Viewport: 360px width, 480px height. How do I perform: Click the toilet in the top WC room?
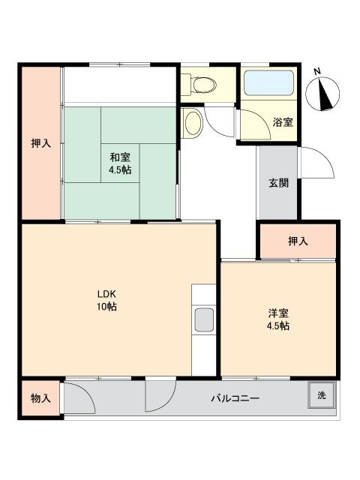point(202,84)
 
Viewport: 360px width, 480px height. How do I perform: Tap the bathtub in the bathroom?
point(269,83)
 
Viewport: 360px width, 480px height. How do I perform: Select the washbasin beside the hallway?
point(192,123)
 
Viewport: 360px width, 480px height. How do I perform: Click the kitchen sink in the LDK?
point(204,319)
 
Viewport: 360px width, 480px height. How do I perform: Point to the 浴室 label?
point(283,122)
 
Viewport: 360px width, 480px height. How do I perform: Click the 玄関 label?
point(278,183)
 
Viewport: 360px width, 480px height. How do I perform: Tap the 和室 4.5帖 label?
point(120,163)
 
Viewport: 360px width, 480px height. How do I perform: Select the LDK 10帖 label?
point(106,300)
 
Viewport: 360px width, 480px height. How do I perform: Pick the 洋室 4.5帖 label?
point(278,319)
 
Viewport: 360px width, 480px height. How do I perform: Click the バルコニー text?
point(235,398)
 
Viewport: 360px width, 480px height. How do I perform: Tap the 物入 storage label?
point(40,398)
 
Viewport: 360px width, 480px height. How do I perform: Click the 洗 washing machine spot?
point(322,395)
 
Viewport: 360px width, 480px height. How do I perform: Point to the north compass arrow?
point(325,94)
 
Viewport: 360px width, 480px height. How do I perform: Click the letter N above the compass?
point(317,72)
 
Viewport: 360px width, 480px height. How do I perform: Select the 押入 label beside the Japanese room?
point(40,143)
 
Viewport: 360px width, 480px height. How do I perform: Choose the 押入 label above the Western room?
point(298,241)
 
